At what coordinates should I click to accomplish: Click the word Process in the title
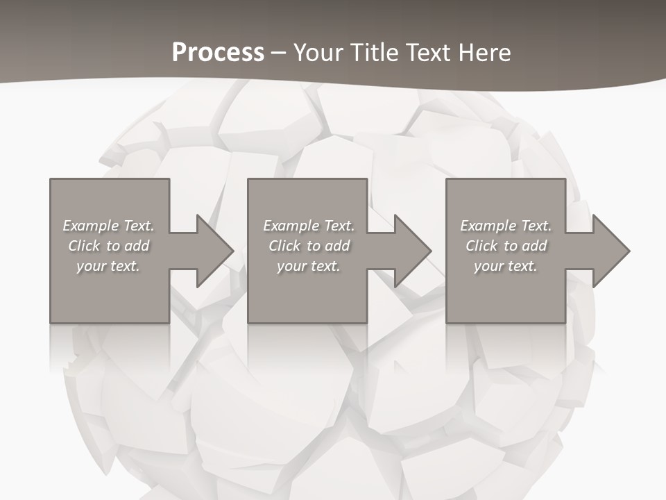click(x=218, y=53)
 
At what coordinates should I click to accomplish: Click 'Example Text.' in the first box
click(x=109, y=226)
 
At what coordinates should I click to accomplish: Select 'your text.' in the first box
click(x=109, y=266)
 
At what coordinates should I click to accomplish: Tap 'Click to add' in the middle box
click(x=309, y=246)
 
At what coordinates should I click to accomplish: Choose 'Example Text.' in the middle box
click(x=309, y=226)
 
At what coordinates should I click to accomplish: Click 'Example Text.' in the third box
click(x=506, y=226)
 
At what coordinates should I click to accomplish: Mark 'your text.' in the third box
click(x=506, y=266)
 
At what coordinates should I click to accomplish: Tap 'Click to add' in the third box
click(x=506, y=246)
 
